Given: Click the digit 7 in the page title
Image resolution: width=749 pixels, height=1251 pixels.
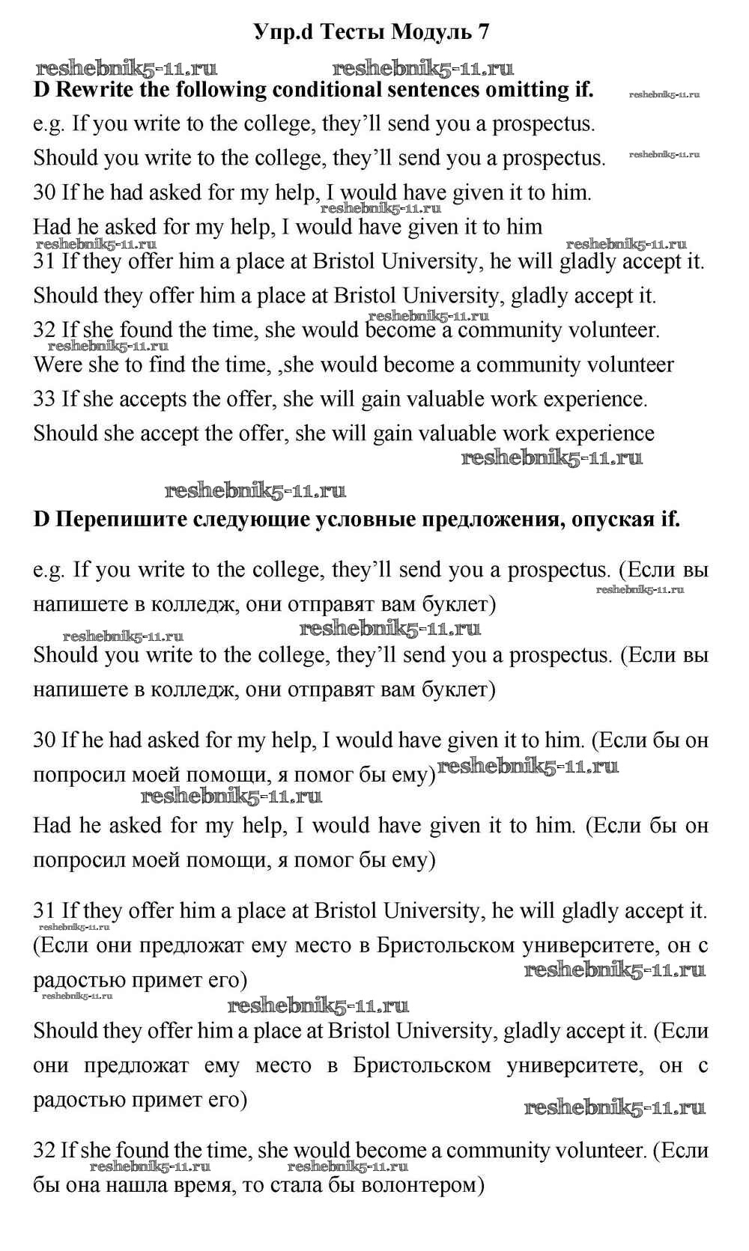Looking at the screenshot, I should pos(483,32).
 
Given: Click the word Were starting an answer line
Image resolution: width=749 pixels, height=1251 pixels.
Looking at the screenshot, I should pos(57,365).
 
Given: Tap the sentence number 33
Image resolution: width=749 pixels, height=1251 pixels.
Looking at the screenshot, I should pos(44,400).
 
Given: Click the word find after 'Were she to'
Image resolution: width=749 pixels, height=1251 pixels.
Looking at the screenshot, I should pos(166,365).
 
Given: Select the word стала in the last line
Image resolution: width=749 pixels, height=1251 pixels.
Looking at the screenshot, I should pos(294,1186).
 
